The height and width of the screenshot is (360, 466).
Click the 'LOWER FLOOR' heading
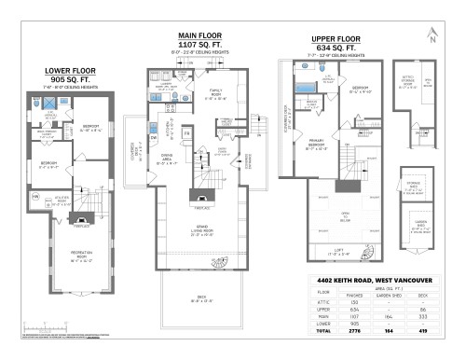coord(70,71)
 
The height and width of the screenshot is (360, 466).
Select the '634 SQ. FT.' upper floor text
coord(335,49)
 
